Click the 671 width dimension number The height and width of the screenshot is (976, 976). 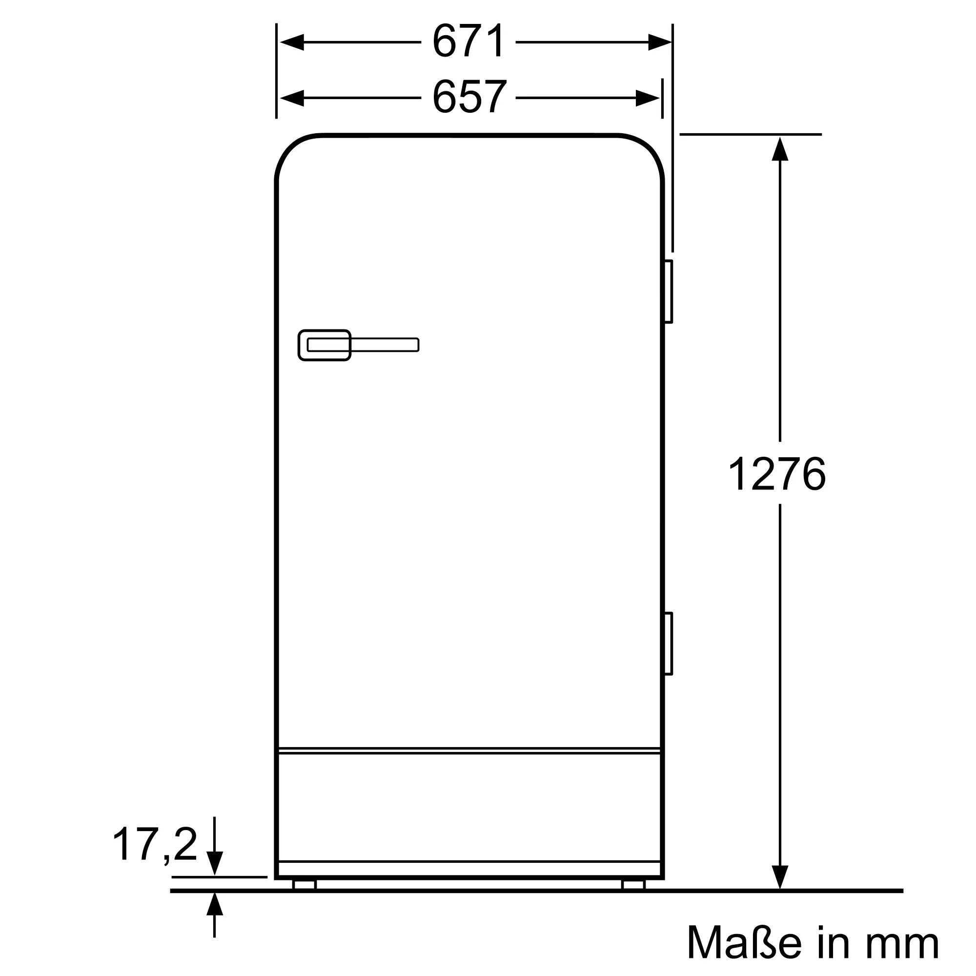point(468,41)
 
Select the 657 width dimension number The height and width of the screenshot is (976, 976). point(469,97)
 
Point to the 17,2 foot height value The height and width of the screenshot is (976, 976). point(155,844)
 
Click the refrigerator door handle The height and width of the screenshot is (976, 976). point(358,345)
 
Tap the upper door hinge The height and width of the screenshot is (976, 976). point(669,291)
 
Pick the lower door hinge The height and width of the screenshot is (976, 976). point(669,643)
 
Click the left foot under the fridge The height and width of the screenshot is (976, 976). point(304,884)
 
